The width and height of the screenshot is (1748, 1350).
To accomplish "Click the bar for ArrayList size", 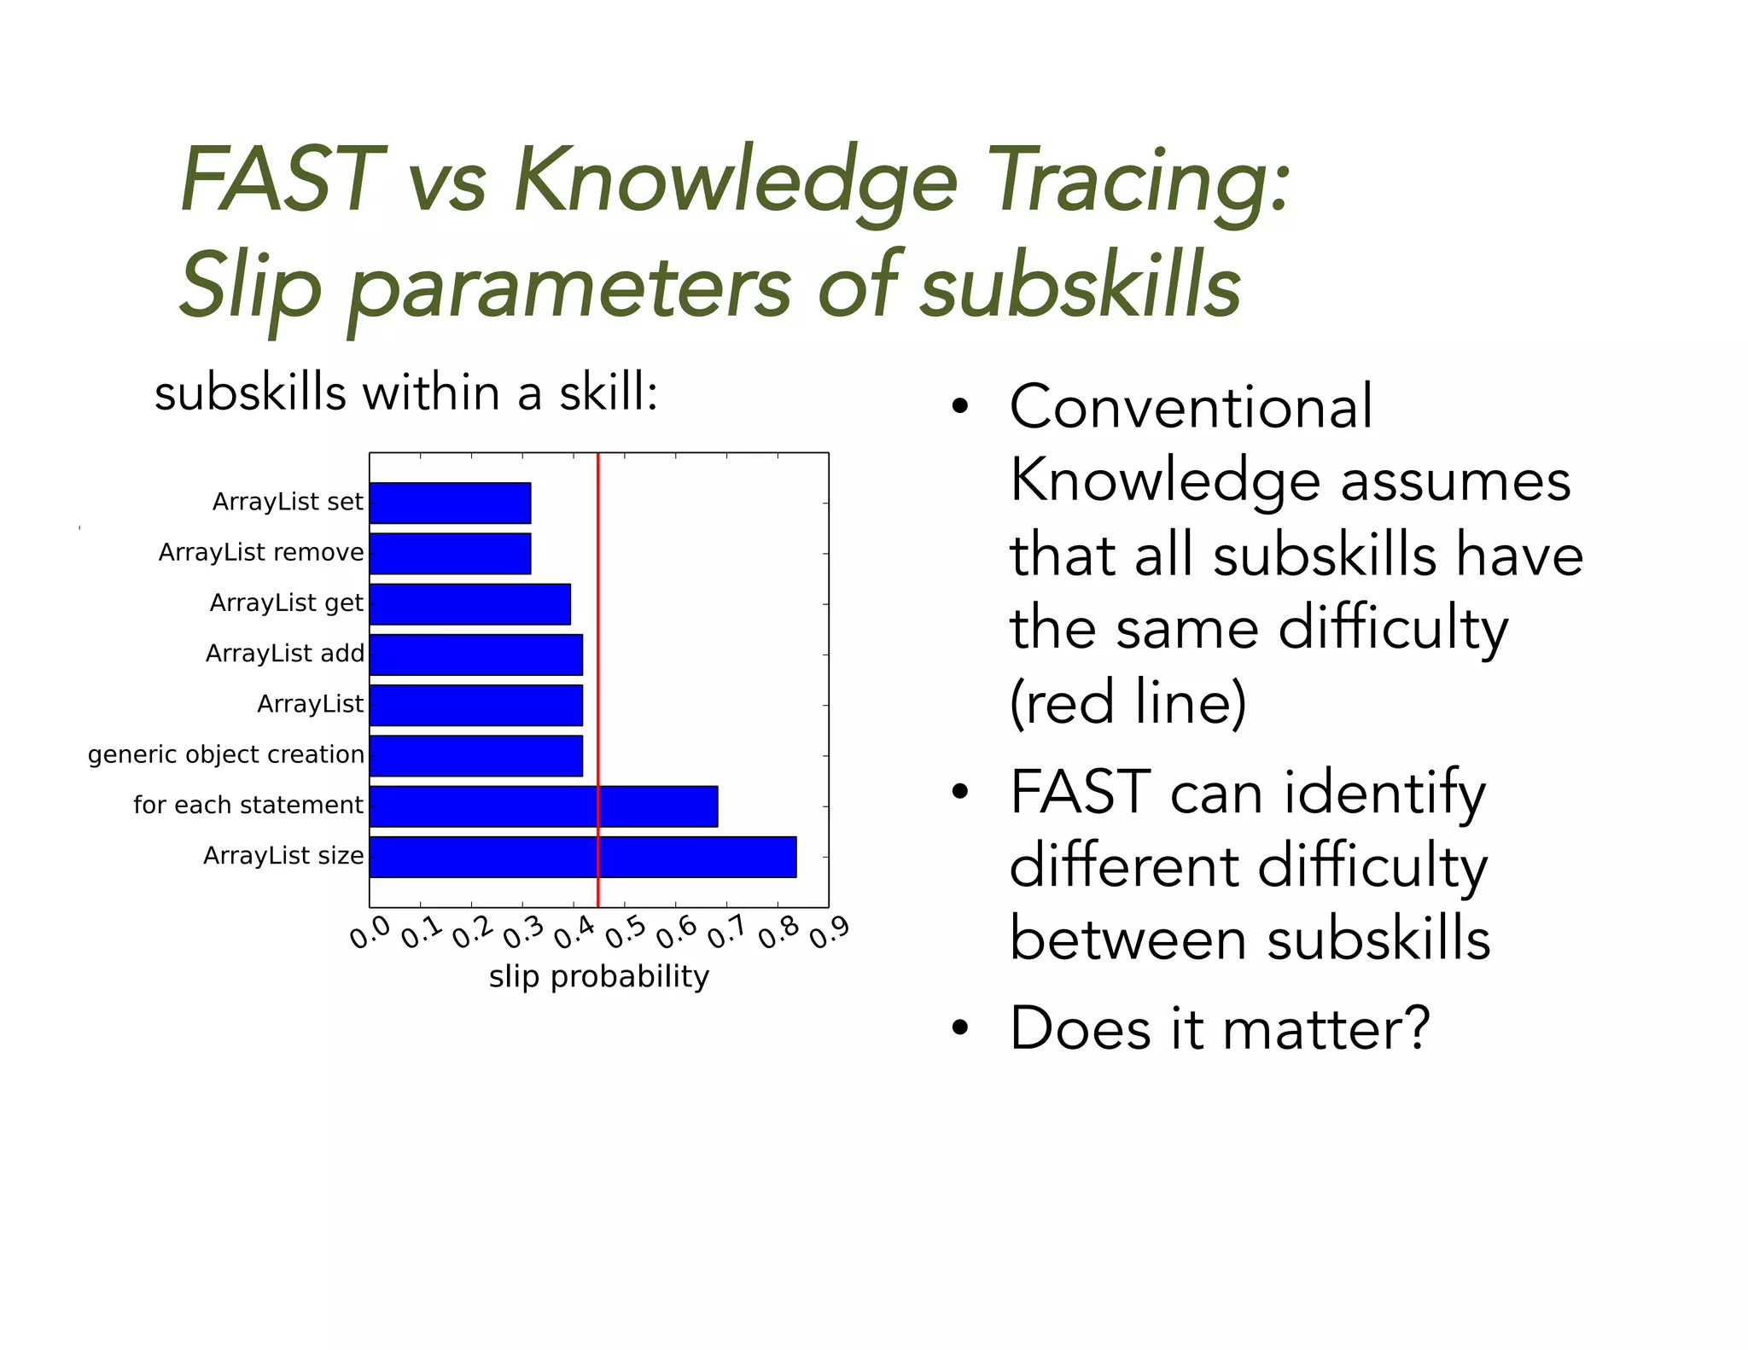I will [582, 857].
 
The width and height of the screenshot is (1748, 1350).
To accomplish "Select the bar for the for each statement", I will [543, 806].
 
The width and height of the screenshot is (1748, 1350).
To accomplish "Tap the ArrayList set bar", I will [450, 503].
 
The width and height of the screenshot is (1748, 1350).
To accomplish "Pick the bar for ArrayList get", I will [469, 604].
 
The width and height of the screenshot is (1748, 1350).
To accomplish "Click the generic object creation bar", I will [475, 756].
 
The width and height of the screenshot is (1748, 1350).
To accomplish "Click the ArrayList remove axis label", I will [261, 553].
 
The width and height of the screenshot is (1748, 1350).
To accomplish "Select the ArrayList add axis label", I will [285, 654].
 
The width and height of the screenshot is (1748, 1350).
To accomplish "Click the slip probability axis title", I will [598, 976].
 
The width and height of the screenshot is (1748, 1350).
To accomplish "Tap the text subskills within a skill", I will [406, 394].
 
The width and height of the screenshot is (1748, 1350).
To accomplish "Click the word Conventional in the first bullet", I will [1191, 406].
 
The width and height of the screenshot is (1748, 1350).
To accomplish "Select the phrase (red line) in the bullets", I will [1127, 702].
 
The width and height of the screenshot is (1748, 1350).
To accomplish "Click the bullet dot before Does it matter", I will [960, 1028].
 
